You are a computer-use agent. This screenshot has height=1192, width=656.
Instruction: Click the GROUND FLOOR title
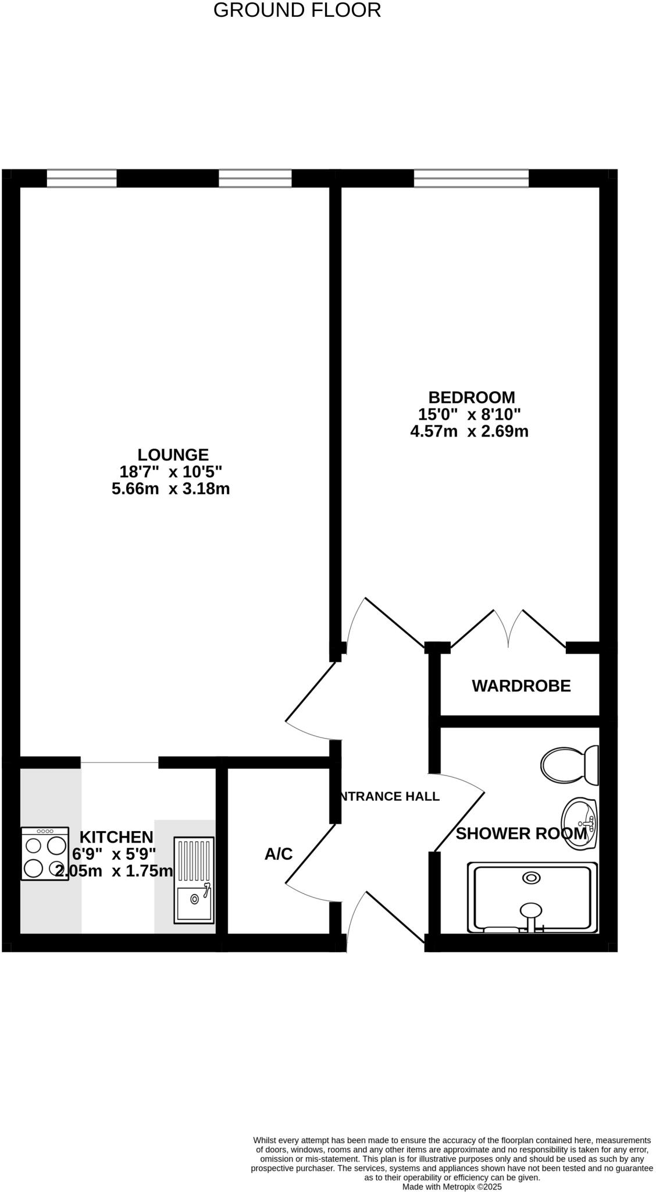point(297,10)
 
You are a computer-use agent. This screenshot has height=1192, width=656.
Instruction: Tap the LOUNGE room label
point(173,455)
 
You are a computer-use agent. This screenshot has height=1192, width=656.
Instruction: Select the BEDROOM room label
point(472,398)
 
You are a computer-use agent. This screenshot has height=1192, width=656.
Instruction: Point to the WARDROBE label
point(521,686)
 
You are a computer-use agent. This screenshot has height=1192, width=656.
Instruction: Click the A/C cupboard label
point(279,854)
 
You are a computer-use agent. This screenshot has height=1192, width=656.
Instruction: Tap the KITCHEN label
point(116,837)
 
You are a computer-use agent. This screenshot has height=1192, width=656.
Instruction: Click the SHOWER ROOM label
point(521,833)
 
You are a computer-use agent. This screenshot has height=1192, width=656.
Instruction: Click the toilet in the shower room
point(569,765)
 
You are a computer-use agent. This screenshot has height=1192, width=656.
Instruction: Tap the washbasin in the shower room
point(579,824)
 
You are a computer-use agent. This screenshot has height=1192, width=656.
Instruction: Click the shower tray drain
point(531,878)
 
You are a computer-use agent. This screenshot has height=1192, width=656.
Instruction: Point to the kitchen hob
point(45,853)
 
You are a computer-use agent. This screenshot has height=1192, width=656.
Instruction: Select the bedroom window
point(471,178)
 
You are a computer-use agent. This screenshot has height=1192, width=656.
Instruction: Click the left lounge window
point(81,178)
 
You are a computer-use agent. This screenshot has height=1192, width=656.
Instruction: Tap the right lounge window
point(255,178)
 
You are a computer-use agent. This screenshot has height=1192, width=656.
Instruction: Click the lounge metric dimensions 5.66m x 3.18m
point(171,489)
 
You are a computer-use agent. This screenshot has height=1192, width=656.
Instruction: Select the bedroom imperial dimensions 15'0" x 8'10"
point(469,414)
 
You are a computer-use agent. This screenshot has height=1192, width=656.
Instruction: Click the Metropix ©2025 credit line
point(452,1186)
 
